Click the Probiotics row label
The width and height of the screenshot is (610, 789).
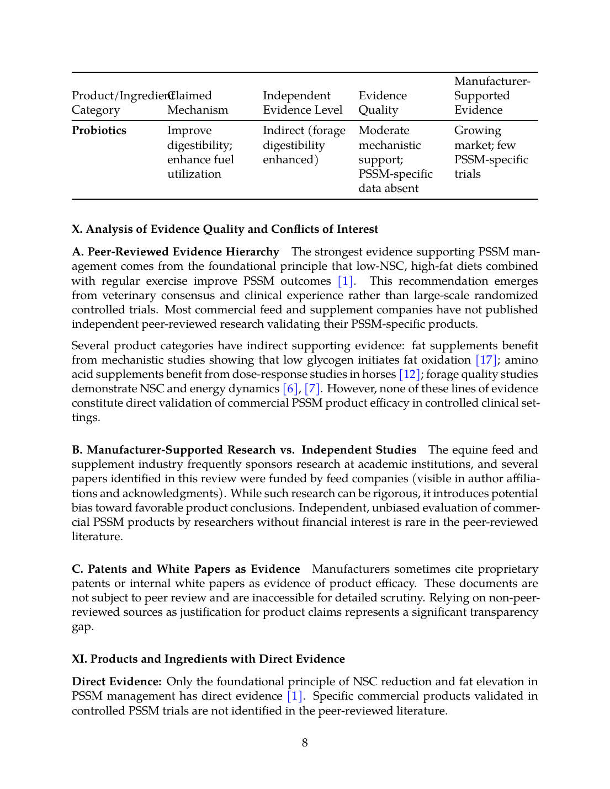pyautogui.click(x=99, y=131)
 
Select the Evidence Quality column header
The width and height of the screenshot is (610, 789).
pyautogui.click(x=383, y=103)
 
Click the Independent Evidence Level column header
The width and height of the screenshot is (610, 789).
pyautogui.click(x=303, y=103)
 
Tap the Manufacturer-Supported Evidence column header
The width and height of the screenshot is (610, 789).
pyautogui.click(x=492, y=95)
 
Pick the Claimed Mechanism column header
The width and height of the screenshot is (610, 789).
pyautogui.click(x=198, y=103)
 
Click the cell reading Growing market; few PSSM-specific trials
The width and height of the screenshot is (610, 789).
pyautogui.click(x=491, y=152)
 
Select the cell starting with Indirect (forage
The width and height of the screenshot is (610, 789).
pyautogui.click(x=304, y=145)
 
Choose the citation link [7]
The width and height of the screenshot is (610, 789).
pyautogui.click(x=312, y=389)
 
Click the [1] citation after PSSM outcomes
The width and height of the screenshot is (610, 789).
pyautogui.click(x=346, y=281)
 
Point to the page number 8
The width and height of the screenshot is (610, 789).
pyautogui.click(x=305, y=743)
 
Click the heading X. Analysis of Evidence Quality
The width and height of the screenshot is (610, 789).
pyautogui.click(x=225, y=230)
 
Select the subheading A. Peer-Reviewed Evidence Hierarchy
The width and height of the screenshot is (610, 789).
pyautogui.click(x=176, y=252)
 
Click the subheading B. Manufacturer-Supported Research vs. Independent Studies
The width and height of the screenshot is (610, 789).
pyautogui.click(x=244, y=450)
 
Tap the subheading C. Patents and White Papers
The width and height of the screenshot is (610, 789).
pyautogui.click(x=186, y=569)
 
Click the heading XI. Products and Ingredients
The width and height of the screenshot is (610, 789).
pyautogui.click(x=208, y=659)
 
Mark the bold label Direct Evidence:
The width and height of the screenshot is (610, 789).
pyautogui.click(x=116, y=682)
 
